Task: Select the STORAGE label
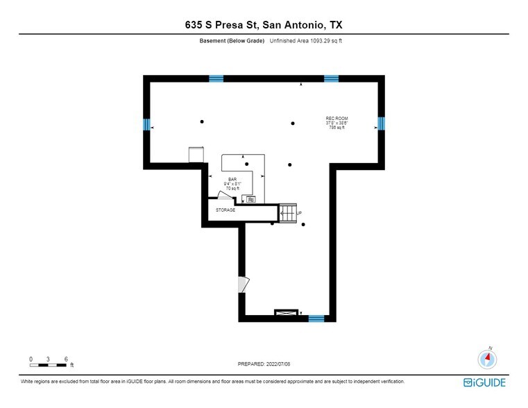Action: pyautogui.click(x=225, y=210)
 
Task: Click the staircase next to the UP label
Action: pyautogui.click(x=287, y=213)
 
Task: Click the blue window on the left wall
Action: pyautogui.click(x=147, y=125)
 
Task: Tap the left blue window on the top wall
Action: pyautogui.click(x=216, y=78)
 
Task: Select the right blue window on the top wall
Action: pyautogui.click(x=331, y=78)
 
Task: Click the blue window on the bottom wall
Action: pyautogui.click(x=316, y=318)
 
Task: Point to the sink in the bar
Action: pyautogui.click(x=250, y=200)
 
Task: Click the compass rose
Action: pyautogui.click(x=488, y=359)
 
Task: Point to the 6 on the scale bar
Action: pyautogui.click(x=66, y=359)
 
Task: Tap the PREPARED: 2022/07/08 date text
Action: pyautogui.click(x=264, y=363)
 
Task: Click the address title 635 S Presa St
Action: pyautogui.click(x=263, y=25)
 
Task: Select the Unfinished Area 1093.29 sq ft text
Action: pyautogui.click(x=305, y=41)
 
